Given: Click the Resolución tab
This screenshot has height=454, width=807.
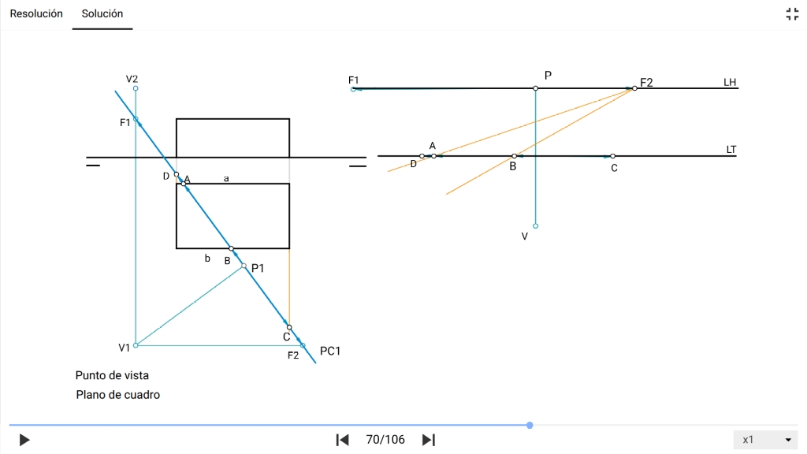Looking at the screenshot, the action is [x=36, y=14].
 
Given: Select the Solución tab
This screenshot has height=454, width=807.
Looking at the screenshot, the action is [x=102, y=14].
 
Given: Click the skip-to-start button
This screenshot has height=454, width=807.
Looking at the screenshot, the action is [x=342, y=440].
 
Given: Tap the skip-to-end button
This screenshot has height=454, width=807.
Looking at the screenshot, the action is [x=429, y=440].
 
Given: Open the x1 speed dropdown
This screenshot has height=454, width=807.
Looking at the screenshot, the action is [x=766, y=440].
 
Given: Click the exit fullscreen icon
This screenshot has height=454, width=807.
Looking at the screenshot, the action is [x=792, y=14].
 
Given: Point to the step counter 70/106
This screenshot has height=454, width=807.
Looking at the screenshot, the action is [x=385, y=440].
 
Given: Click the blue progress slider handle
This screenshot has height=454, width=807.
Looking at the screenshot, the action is [x=530, y=425].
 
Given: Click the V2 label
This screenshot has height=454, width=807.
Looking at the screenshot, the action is [x=132, y=80].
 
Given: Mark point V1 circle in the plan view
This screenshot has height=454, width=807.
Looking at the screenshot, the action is [x=136, y=345].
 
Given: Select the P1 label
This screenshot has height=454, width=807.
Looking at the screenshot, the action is [x=258, y=268].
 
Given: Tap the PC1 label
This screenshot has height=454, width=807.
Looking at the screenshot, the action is [x=330, y=351].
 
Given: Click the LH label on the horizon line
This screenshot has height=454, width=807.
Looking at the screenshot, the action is [x=730, y=82].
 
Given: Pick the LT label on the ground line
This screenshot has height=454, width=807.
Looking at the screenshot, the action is [x=731, y=150].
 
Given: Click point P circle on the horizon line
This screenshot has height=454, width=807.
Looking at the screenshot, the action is [x=536, y=88].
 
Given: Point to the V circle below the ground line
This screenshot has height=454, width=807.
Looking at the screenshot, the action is [x=536, y=226].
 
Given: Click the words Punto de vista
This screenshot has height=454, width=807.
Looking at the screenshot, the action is [x=112, y=375].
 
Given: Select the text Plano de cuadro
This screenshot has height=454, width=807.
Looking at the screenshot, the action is [x=118, y=395].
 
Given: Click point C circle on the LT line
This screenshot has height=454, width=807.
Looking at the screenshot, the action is [x=613, y=156].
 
